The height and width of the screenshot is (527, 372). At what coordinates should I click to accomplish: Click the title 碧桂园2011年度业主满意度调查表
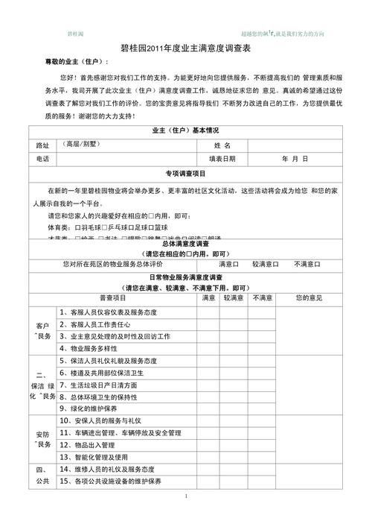pyautogui.click(x=185, y=48)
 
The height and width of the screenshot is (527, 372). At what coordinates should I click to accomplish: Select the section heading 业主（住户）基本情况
pyautogui.click(x=185, y=131)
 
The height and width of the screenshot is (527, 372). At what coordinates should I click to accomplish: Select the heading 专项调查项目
pyautogui.click(x=185, y=173)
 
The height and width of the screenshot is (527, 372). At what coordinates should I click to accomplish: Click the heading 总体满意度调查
pyautogui.click(x=185, y=244)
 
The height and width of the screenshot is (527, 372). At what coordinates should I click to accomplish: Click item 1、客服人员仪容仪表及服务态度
pyautogui.click(x=118, y=312)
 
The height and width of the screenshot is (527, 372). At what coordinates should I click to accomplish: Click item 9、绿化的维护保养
pyautogui.click(x=88, y=409)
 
